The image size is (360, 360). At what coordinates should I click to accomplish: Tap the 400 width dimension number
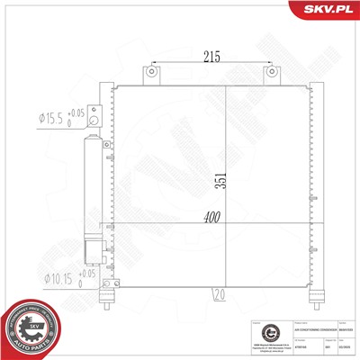(x=210, y=218)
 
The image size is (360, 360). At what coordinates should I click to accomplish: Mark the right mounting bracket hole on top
(x=269, y=72)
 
